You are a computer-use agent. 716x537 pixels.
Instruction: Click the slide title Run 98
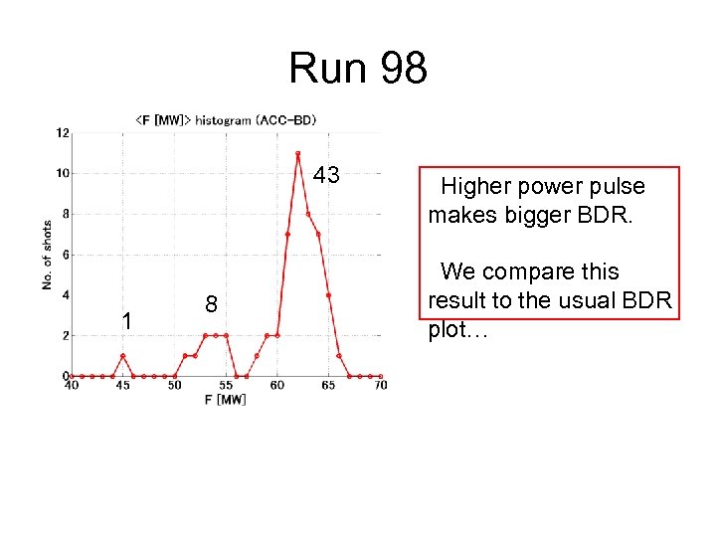pos(358,69)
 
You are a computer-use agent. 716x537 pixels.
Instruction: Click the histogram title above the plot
pos(226,120)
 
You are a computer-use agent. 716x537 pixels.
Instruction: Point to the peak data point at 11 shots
pos(297,153)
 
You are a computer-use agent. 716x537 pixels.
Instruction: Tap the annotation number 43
pos(326,176)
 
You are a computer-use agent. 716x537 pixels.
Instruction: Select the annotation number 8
pos(211,304)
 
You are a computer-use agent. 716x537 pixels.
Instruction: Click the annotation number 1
pos(126,321)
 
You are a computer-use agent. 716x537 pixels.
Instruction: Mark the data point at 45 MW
pos(122,356)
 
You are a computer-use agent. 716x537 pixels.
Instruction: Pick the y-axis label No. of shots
pos(48,254)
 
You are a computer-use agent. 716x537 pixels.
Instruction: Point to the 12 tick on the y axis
pos(63,132)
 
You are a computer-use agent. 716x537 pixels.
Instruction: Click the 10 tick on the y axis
pos(63,173)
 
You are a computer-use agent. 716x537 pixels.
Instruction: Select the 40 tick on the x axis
pos(72,385)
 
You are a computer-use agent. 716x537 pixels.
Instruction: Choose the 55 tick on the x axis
pos(226,385)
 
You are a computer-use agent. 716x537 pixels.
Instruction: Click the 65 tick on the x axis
pos(328,385)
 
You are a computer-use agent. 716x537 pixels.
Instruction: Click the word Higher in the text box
pos(475,186)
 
